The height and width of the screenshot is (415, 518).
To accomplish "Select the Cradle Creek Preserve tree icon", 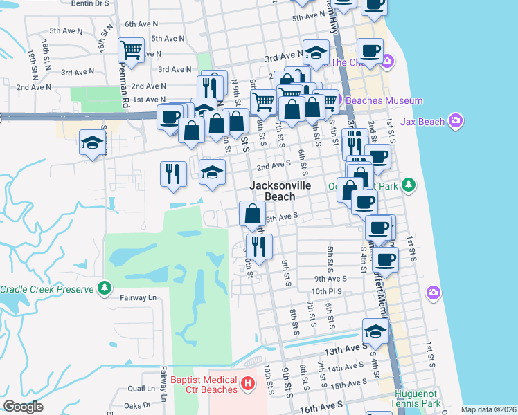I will (105, 288).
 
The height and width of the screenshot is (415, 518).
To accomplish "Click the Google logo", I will (23, 407).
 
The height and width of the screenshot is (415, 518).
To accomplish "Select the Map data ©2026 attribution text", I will (489, 409).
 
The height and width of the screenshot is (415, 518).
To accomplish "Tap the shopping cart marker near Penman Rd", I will (131, 50).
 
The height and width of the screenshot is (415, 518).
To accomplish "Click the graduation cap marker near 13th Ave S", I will (375, 331).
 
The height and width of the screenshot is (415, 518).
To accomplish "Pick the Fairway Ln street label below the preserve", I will (139, 297).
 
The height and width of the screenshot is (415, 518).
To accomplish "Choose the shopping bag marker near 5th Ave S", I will (251, 213).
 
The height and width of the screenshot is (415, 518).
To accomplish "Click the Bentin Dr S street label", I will (91, 3).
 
